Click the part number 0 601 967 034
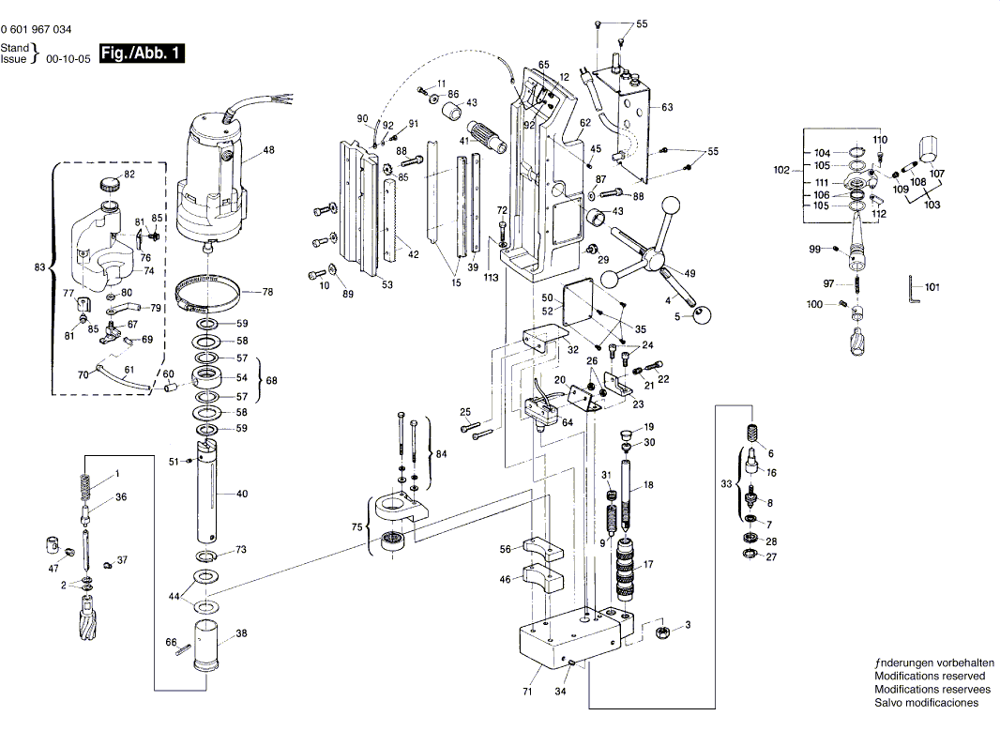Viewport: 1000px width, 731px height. click(x=36, y=30)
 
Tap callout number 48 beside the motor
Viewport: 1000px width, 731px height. click(x=268, y=150)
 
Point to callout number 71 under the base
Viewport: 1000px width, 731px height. click(x=527, y=693)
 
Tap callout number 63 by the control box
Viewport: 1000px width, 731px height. click(x=667, y=107)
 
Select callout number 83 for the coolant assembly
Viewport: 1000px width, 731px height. click(x=39, y=267)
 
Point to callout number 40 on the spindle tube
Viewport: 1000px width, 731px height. click(x=241, y=494)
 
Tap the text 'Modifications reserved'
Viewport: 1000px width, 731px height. click(x=930, y=676)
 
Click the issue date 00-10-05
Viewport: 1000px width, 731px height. click(x=68, y=58)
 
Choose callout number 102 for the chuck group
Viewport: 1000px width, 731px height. click(x=781, y=171)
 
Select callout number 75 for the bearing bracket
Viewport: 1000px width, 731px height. click(x=356, y=528)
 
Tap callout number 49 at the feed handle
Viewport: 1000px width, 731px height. click(x=690, y=273)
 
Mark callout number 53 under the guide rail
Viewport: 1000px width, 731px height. click(x=387, y=284)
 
